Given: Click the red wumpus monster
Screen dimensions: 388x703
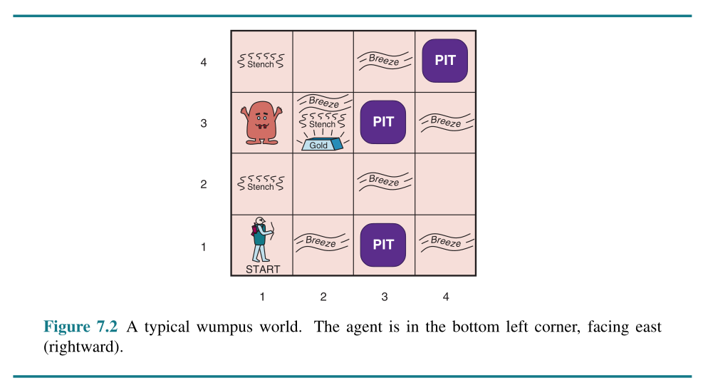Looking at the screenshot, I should [261, 121].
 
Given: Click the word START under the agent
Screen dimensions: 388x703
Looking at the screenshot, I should [262, 270].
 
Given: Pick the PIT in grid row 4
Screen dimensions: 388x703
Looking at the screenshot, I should [445, 61].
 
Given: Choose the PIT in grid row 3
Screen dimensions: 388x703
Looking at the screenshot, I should [383, 122].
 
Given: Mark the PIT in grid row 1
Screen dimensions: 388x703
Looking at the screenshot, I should [383, 245].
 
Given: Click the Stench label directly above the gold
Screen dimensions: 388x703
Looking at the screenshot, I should [322, 124].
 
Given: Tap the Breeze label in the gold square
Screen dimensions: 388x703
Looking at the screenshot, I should [323, 102].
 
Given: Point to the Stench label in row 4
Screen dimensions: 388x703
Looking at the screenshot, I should [260, 64].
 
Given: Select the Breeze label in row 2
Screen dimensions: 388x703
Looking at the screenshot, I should [384, 180].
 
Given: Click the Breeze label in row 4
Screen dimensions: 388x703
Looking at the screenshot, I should [384, 60].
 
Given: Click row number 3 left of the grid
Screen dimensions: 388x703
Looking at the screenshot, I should [204, 123].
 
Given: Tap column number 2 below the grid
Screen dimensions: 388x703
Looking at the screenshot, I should [323, 297].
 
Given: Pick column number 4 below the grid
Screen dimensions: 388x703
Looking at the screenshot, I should [446, 297].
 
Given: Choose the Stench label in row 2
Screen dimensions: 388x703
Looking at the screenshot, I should [260, 187].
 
